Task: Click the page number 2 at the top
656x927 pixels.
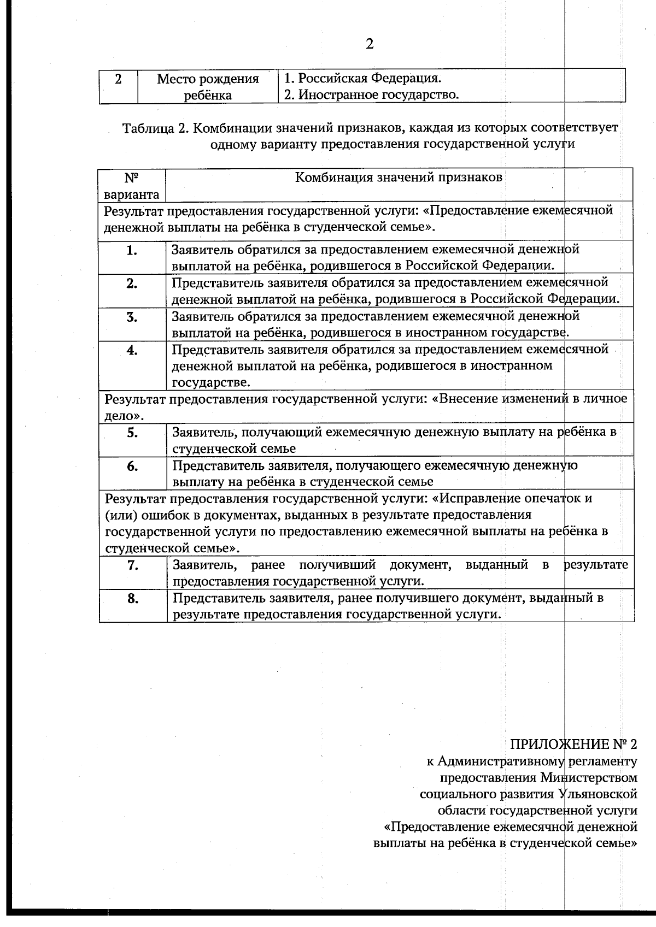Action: click(370, 44)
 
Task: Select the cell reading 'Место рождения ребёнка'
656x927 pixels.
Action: click(208, 87)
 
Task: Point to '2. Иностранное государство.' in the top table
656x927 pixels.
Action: click(371, 95)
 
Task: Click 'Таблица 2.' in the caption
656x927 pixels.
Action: click(156, 128)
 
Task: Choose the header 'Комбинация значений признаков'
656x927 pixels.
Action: click(399, 178)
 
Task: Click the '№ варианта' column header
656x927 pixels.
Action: click(132, 186)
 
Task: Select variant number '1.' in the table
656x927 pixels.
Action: click(132, 251)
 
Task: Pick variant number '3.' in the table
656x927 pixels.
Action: click(132, 317)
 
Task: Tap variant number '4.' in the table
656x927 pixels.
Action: click(132, 351)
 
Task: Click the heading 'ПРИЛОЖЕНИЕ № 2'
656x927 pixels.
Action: click(573, 744)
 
